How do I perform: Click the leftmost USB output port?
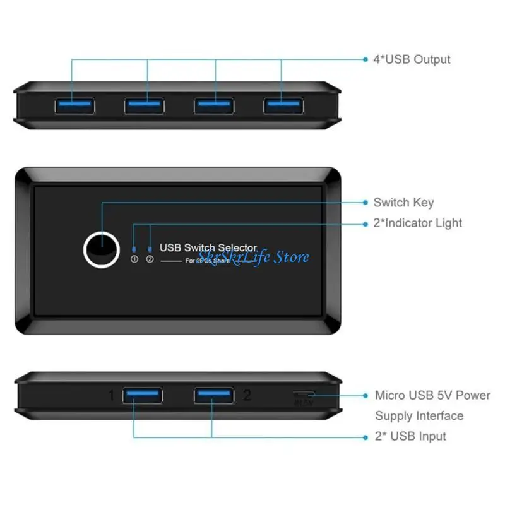click(74, 105)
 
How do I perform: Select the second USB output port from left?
click(143, 105)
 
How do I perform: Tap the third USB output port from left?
click(213, 105)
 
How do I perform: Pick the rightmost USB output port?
click(282, 105)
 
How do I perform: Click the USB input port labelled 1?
click(143, 396)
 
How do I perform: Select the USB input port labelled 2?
click(213, 396)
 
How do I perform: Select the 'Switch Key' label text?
click(403, 203)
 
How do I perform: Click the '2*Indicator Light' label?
click(417, 223)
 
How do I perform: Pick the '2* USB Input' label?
click(410, 436)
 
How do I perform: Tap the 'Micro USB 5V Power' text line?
click(432, 395)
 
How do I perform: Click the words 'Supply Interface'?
click(419, 415)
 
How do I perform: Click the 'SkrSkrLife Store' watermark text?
click(253, 256)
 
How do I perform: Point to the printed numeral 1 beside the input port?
click(111, 396)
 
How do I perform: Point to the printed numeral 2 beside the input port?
click(247, 396)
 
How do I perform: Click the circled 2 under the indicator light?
click(150, 259)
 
